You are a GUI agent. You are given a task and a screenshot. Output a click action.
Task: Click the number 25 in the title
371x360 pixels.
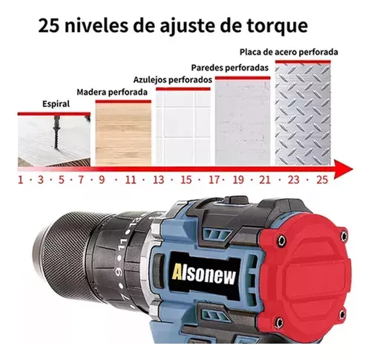pyautogui.click(x=49, y=26)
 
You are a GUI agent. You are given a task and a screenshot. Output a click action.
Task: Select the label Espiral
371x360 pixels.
pyautogui.click(x=56, y=104)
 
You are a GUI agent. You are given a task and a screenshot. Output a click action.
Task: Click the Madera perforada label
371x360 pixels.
pyautogui.click(x=112, y=92)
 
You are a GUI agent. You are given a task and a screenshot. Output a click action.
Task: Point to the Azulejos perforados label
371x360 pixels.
pyautogui.click(x=173, y=80)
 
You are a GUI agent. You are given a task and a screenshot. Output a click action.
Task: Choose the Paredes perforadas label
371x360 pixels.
pyautogui.click(x=230, y=68)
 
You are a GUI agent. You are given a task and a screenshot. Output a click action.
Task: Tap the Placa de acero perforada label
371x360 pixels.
pyautogui.click(x=289, y=52)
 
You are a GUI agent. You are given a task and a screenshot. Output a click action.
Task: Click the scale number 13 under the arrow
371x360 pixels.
pyautogui.click(x=158, y=180)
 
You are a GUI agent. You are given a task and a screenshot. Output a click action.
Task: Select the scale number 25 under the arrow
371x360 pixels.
pyautogui.click(x=322, y=180)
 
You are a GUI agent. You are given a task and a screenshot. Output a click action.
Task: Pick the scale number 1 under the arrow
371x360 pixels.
pyautogui.click(x=21, y=180)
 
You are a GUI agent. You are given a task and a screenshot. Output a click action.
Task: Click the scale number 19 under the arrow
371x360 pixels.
pyautogui.click(x=238, y=180)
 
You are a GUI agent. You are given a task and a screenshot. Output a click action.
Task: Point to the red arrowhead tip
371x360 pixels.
pyautogui.click(x=352, y=169)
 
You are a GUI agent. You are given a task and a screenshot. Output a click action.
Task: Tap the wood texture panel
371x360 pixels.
pyautogui.click(x=123, y=134)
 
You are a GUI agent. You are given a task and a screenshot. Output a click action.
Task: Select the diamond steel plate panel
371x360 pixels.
pyautogui.click(x=303, y=114)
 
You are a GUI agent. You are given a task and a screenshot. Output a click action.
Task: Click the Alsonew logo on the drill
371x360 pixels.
pyautogui.click(x=204, y=275)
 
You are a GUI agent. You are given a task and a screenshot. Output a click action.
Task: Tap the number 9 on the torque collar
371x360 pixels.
pyautogui.click(x=119, y=272)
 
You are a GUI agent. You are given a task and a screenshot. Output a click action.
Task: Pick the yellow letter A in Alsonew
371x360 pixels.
pyautogui.click(x=177, y=272)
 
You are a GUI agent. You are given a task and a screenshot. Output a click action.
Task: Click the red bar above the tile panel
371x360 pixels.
pyautogui.click(x=183, y=89)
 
